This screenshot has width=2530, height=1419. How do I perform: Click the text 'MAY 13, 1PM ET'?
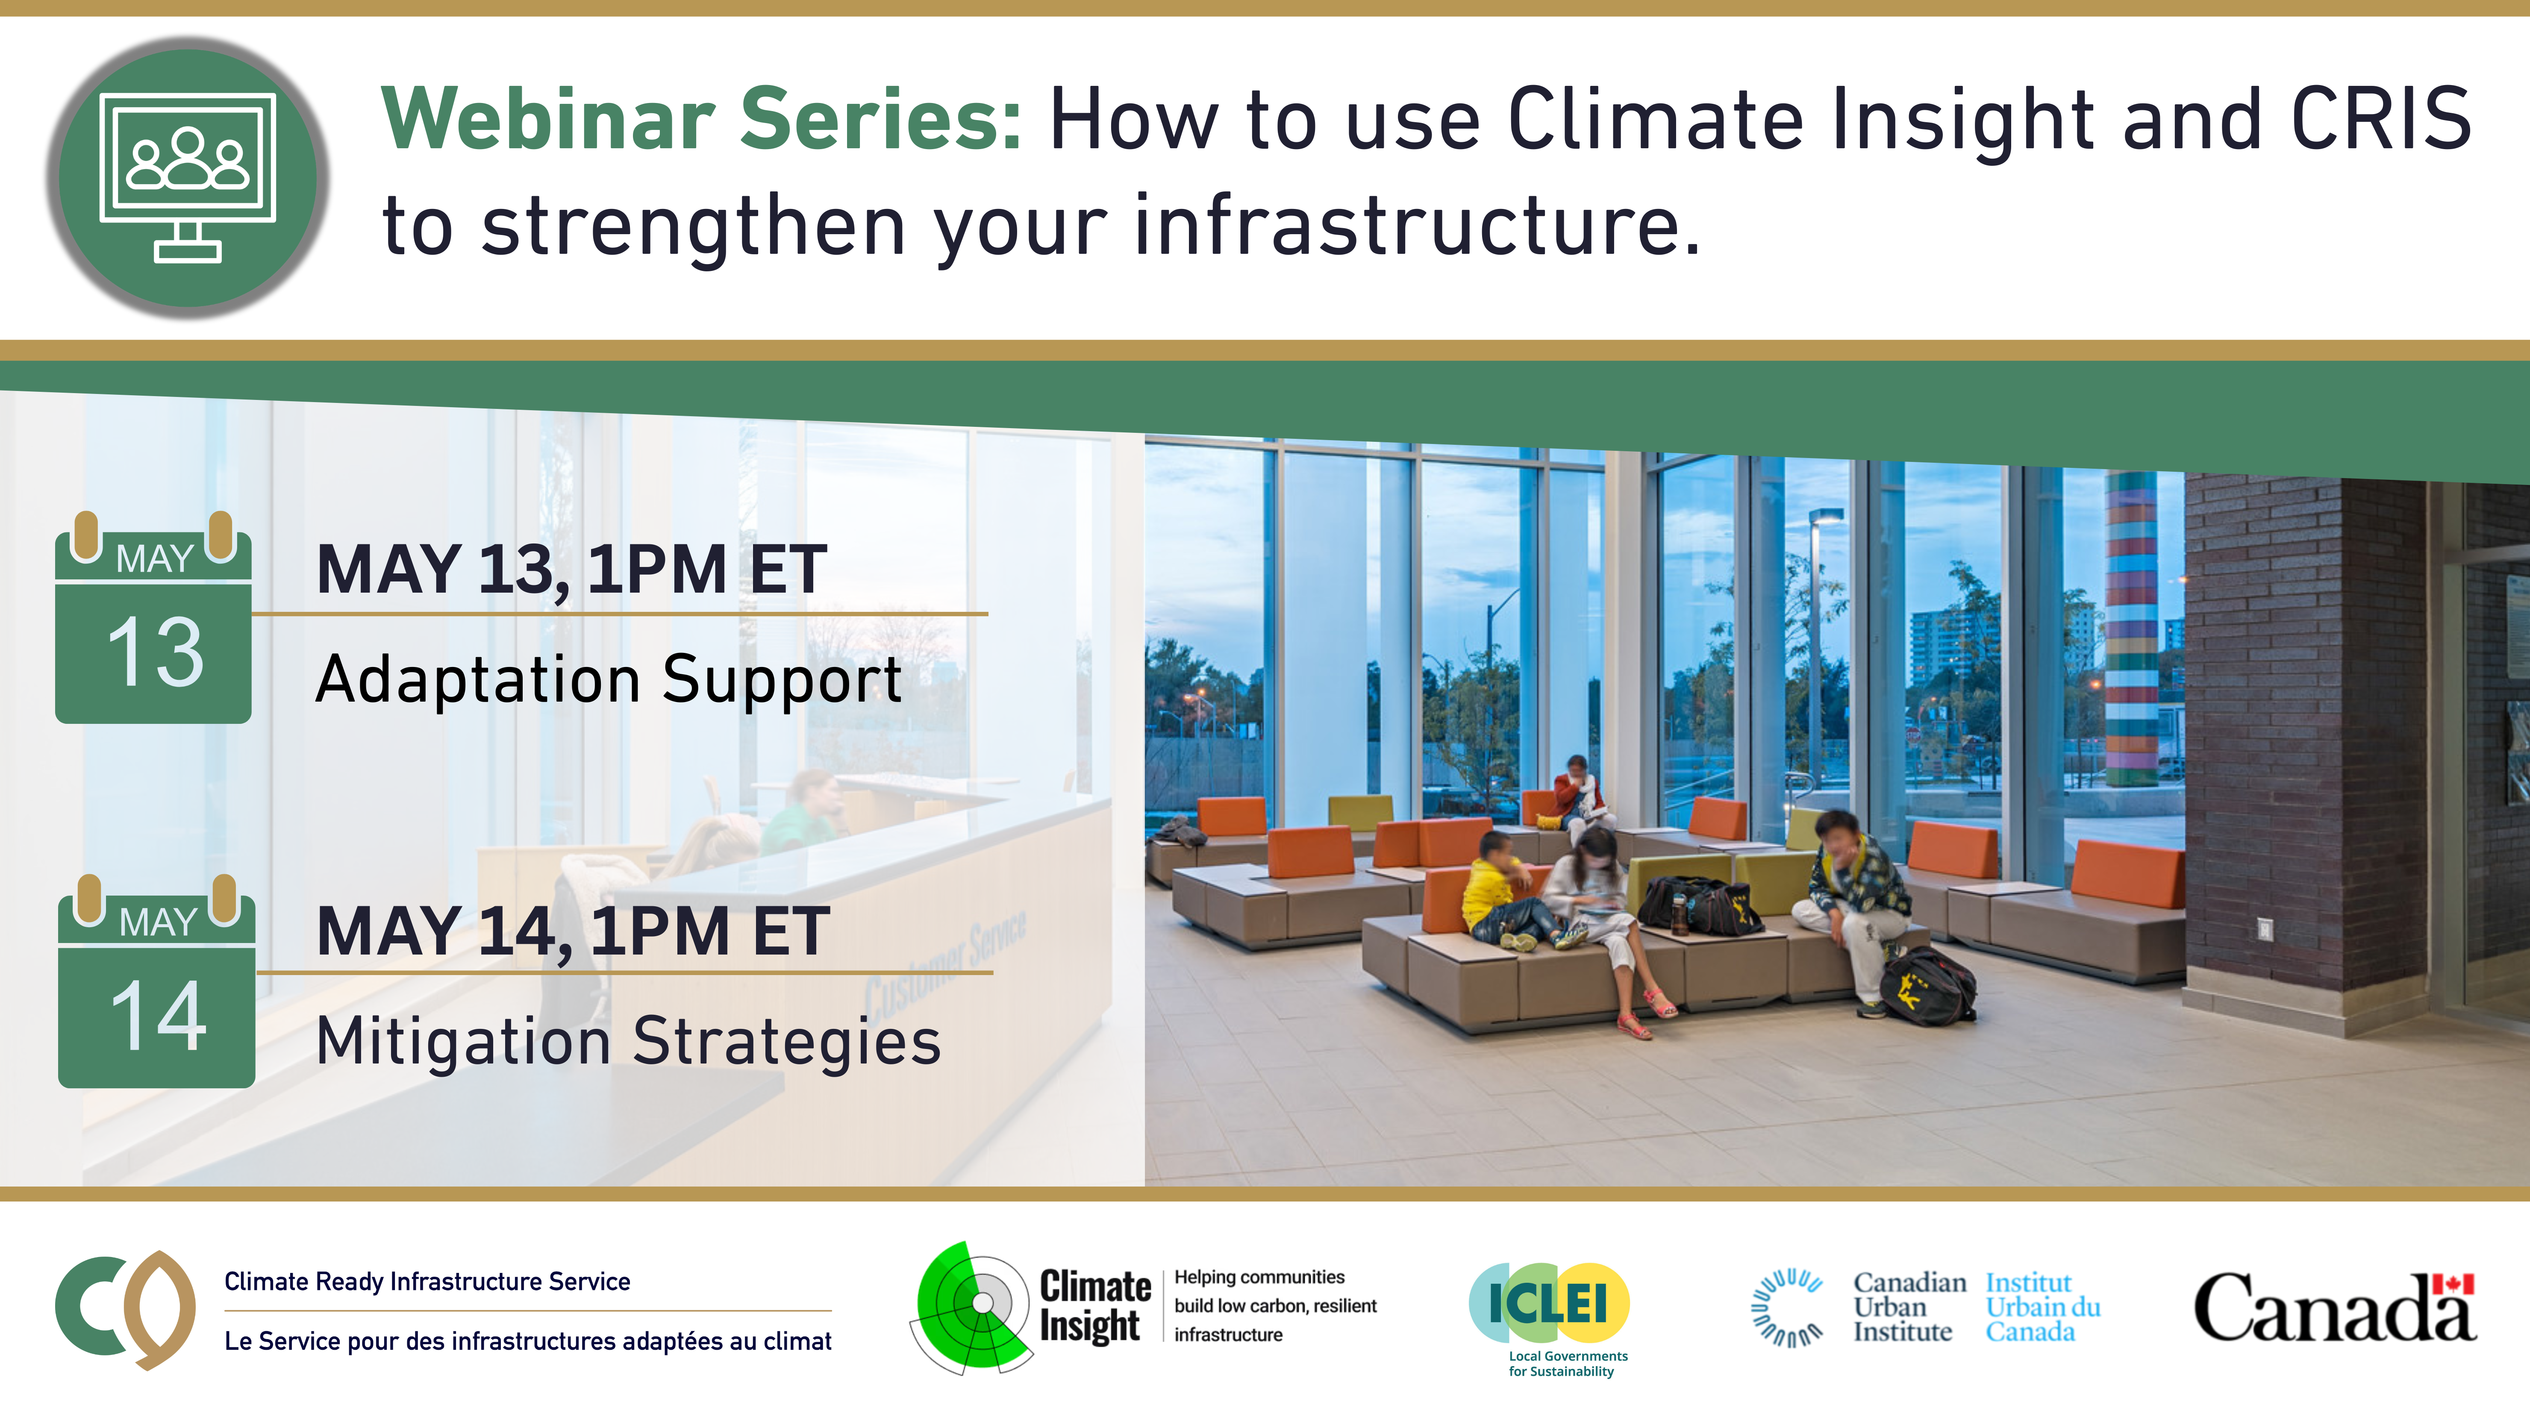[x=572, y=570]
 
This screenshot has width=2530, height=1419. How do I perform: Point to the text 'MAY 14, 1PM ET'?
[x=574, y=931]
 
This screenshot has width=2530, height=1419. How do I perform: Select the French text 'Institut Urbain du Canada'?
[x=2043, y=1307]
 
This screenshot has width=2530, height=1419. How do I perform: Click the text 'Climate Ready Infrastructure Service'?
[x=427, y=1281]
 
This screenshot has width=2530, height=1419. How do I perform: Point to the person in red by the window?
[x=1577, y=797]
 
